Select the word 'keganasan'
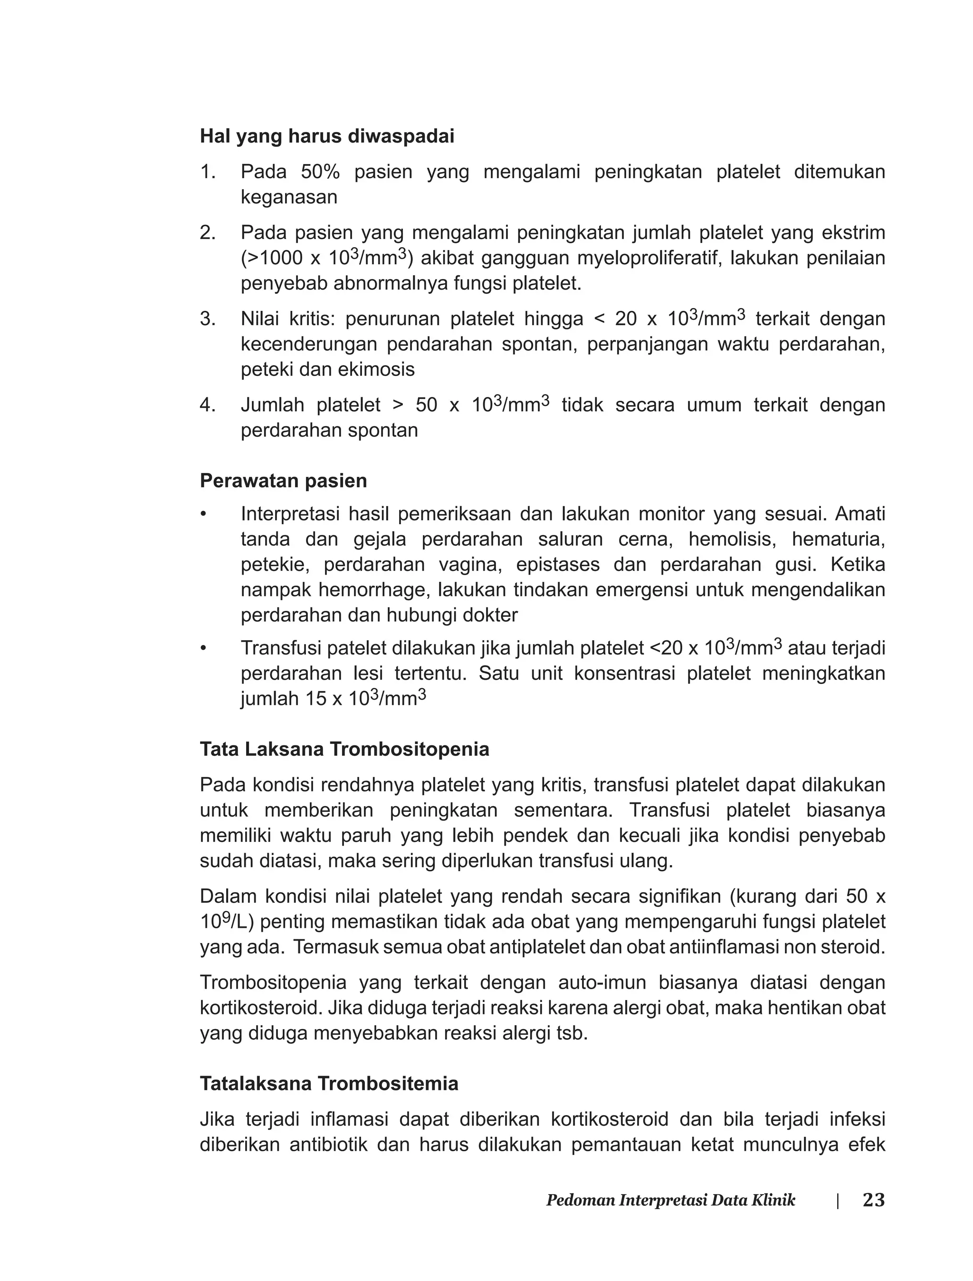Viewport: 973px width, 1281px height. [x=288, y=198]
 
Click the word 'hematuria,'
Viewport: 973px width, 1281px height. [x=838, y=539]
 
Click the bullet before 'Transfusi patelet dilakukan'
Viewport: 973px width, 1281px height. [x=203, y=648]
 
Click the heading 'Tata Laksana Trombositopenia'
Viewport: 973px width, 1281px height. [x=344, y=750]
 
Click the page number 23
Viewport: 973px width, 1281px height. [x=873, y=1200]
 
